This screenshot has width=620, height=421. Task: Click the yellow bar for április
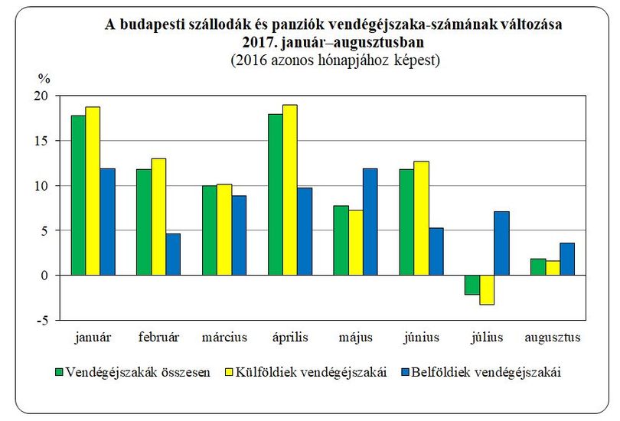click(290, 190)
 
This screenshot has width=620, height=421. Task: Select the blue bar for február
click(173, 254)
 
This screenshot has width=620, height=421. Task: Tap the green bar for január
click(78, 195)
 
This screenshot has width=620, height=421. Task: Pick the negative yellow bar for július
click(487, 290)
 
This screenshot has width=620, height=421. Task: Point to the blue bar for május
click(370, 222)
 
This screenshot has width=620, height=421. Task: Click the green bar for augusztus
click(538, 267)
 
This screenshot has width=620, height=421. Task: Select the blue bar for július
click(502, 243)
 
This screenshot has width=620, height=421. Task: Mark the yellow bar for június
click(422, 218)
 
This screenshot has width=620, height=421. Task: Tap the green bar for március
click(210, 230)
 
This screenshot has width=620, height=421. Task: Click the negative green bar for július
click(472, 285)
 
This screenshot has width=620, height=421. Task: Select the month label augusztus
click(553, 338)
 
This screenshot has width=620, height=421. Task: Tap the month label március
click(224, 338)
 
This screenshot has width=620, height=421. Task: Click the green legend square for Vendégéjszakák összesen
click(59, 372)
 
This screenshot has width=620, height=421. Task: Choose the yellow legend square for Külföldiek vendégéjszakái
click(230, 372)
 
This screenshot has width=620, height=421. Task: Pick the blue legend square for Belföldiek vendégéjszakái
click(405, 372)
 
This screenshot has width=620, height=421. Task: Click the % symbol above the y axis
click(44, 79)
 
